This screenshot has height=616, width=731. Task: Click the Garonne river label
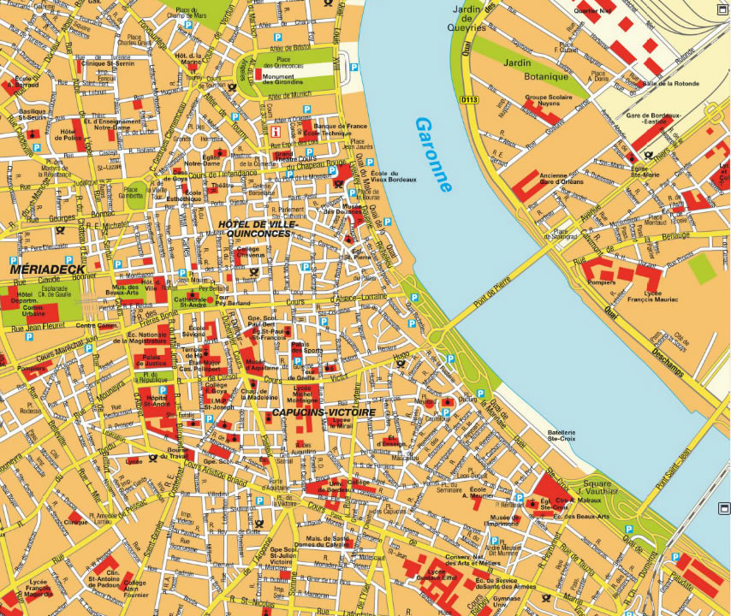[434, 154]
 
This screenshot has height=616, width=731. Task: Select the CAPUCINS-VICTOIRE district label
[323, 412]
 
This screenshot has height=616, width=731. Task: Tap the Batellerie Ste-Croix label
[561, 437]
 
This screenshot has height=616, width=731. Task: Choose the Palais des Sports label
[306, 348]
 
